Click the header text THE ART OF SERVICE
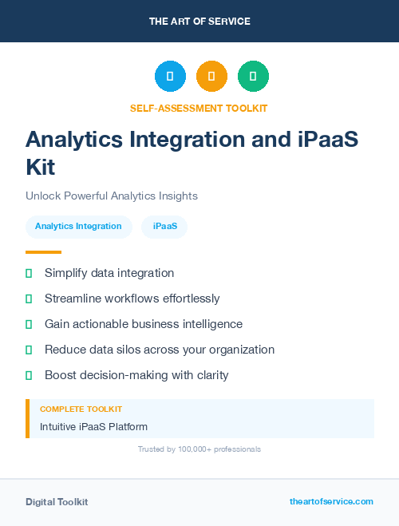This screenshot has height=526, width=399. point(199,21)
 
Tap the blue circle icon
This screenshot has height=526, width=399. point(170,77)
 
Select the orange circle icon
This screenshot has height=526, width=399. point(211,77)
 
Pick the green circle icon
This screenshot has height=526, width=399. point(253,77)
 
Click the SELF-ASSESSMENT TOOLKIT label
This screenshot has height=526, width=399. point(199,108)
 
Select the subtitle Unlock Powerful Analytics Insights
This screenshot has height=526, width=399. point(111,196)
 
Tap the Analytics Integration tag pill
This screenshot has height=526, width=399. point(78,227)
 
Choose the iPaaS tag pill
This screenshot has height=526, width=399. point(164,227)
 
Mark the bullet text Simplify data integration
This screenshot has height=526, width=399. point(109,273)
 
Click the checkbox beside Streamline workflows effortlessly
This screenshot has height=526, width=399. point(29,299)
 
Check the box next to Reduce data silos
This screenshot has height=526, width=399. point(29,350)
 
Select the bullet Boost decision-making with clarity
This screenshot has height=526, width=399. point(136,375)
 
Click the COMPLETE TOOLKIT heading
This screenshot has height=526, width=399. point(81,409)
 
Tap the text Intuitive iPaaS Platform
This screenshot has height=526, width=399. point(93,427)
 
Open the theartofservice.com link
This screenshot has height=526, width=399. point(331,501)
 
